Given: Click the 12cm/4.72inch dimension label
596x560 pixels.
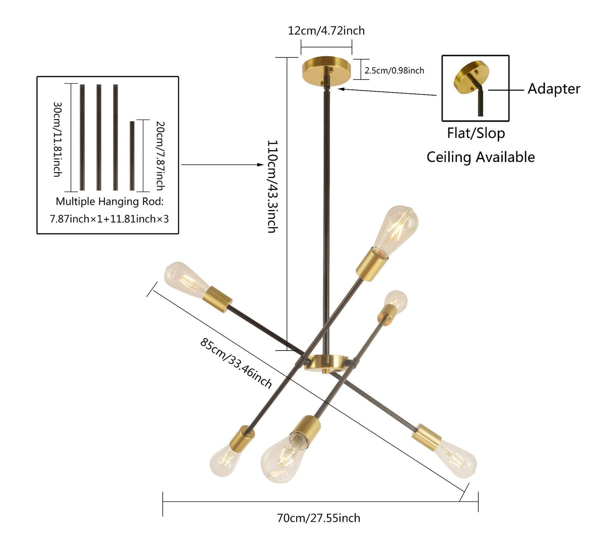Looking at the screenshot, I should [326, 31].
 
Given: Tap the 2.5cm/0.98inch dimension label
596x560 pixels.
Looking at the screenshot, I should [394, 71].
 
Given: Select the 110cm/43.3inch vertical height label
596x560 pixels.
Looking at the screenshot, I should [272, 186].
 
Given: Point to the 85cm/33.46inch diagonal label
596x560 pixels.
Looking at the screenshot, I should [236, 363].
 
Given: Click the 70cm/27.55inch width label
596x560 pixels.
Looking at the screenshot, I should [318, 518].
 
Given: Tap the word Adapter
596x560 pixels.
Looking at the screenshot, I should [554, 89].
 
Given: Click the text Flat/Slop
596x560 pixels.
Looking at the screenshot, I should [476, 133].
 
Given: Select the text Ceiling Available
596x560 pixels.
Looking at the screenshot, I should [481, 157].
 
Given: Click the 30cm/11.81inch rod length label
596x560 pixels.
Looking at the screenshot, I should [57, 139].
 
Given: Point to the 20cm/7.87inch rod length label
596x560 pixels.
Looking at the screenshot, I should [160, 155].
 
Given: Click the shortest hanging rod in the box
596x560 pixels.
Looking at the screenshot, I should [132, 155].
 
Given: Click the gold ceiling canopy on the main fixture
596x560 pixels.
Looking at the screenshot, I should [326, 68].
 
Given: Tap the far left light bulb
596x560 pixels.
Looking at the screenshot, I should [184, 277].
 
